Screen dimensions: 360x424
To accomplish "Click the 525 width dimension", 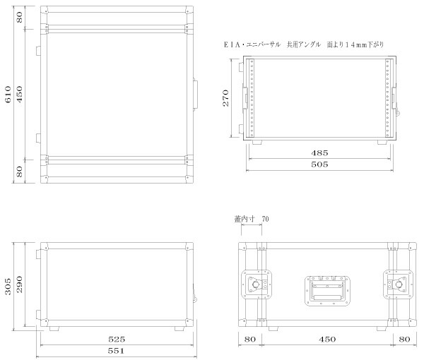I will [x=117, y=339].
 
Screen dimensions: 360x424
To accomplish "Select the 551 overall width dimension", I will [x=116, y=350].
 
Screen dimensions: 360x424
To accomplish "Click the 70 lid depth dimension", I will [x=265, y=220].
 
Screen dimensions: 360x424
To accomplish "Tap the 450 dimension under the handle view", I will [x=326, y=339].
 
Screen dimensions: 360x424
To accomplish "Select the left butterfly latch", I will [x=255, y=286].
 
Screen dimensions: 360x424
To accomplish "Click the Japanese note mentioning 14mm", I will [x=303, y=44].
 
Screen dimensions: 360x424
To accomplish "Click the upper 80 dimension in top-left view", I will [x=20, y=17].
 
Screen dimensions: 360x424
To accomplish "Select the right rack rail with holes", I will [x=387, y=98].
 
